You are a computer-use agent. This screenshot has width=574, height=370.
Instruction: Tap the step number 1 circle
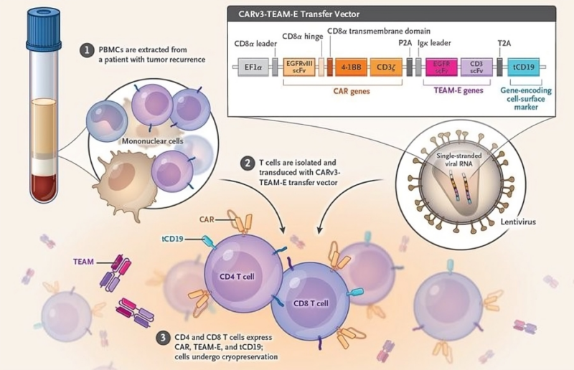click(88, 50)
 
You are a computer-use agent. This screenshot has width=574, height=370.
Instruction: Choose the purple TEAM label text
click(84, 262)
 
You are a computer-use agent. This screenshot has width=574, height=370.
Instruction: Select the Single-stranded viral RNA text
click(452, 161)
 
